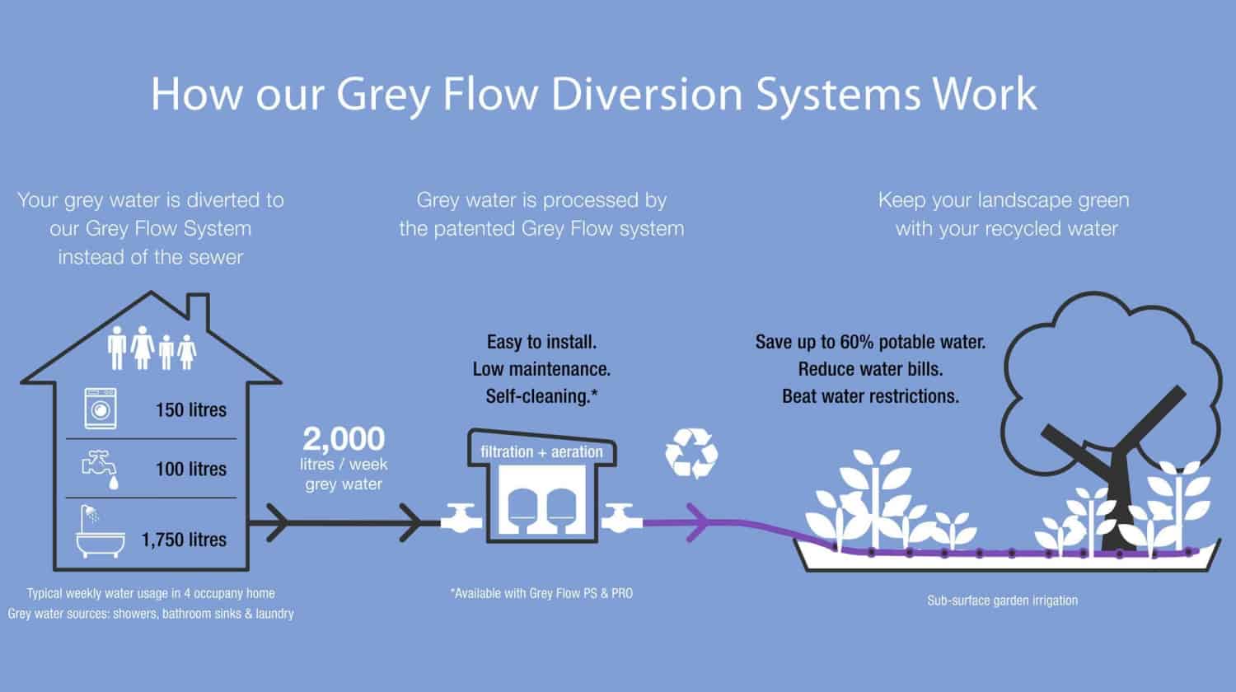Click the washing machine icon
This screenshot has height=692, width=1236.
click(x=101, y=409)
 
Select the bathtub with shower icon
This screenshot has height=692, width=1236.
click(x=98, y=534)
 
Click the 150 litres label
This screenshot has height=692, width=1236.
click(x=190, y=409)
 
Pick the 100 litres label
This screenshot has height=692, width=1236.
click(x=190, y=469)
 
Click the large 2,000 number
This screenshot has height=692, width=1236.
click(x=344, y=438)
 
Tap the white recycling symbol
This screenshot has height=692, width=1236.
click(x=691, y=452)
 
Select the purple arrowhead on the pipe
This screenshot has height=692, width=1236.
click(x=697, y=521)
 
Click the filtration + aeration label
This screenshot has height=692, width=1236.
click(x=541, y=451)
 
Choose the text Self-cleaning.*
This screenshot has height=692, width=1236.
click(x=541, y=396)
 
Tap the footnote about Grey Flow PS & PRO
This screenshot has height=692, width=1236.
click(x=541, y=592)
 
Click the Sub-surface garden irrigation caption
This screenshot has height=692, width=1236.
click(x=1002, y=601)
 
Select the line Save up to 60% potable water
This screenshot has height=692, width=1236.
click(x=870, y=342)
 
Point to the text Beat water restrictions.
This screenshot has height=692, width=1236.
click(x=870, y=396)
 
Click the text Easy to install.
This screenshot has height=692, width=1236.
click(x=541, y=342)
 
